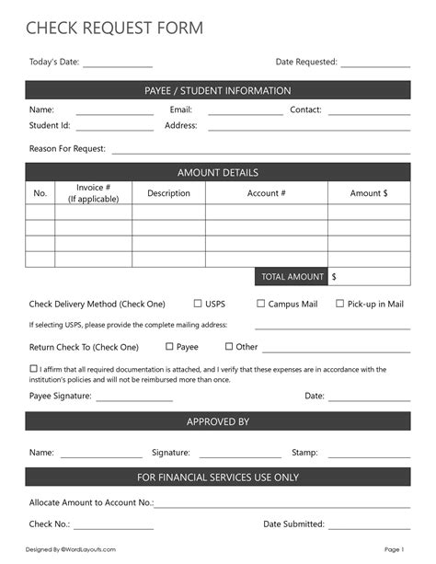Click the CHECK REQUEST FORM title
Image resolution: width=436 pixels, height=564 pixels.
coord(114,29)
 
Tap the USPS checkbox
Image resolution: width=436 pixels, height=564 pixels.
coord(198,303)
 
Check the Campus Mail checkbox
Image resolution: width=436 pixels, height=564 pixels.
coord(260,303)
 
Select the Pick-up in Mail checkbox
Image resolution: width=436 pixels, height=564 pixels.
coord(339,303)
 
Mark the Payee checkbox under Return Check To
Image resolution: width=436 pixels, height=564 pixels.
coord(169,347)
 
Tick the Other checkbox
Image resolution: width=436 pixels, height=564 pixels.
coord(229,347)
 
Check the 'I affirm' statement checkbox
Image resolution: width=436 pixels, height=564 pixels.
coord(33,369)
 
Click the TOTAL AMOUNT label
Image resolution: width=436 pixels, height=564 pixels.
coord(293,276)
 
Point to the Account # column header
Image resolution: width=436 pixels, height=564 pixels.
coord(267,193)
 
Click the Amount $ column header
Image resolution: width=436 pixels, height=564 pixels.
coord(369,193)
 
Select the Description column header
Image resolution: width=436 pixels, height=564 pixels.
coord(168,193)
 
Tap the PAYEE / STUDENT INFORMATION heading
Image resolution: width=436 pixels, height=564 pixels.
coord(218,91)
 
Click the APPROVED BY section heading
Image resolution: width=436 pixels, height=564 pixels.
coord(218,421)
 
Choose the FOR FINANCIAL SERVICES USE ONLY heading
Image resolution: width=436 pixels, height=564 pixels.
coord(218,478)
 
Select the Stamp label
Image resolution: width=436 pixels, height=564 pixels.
coord(304,453)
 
